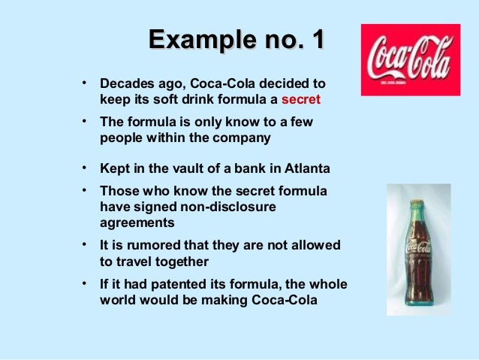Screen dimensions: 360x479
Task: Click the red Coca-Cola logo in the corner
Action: pos(410,59)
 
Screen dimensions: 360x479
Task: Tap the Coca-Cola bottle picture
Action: pos(418,248)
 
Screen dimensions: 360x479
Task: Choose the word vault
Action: pos(184,168)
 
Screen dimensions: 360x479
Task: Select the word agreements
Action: pos(137,222)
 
